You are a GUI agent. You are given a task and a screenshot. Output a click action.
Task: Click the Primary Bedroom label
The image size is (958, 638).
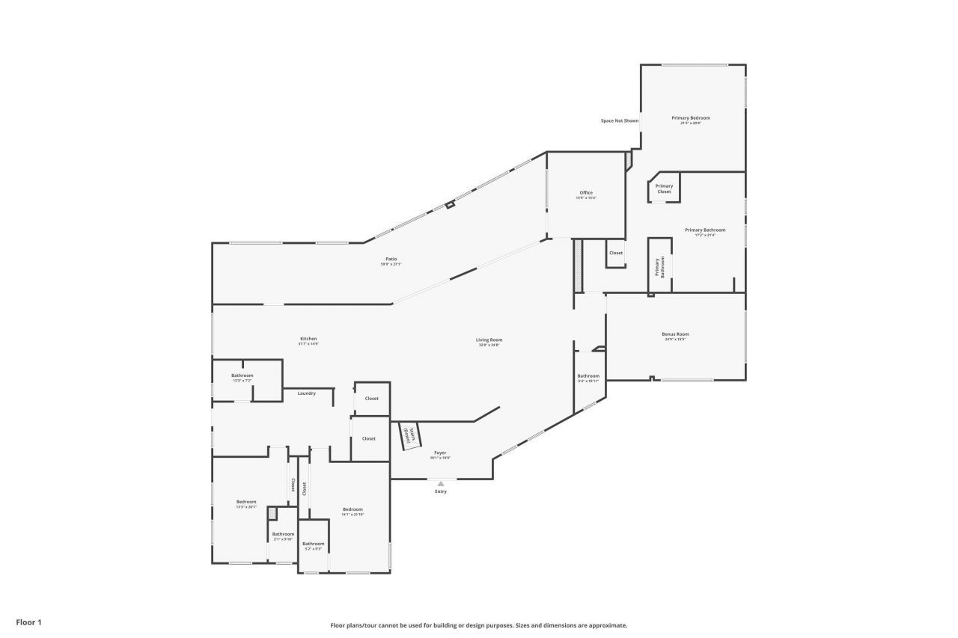point(690,118)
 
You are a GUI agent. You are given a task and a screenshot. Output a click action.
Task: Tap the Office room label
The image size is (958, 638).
point(585,193)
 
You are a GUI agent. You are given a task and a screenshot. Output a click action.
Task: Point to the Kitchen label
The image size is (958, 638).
point(308,339)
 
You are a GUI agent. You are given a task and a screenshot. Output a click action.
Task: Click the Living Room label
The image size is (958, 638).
point(489,340)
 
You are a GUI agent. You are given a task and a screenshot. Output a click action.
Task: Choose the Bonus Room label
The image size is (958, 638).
point(675,334)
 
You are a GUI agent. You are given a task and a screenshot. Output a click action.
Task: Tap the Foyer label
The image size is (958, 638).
point(440,453)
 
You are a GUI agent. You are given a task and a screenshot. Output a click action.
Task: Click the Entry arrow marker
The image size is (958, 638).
point(441,483)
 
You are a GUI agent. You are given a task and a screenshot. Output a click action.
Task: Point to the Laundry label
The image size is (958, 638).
point(306,393)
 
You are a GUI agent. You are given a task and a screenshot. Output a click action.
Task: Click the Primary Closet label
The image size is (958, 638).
point(664,188)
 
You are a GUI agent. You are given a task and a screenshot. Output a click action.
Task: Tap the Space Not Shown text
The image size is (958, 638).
point(620,120)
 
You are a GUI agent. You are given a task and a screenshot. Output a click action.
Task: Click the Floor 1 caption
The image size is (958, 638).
point(29,622)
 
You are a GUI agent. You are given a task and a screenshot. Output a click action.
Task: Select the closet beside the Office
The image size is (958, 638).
point(615,253)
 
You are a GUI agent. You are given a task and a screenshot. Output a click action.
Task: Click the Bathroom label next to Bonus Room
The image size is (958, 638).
point(588,376)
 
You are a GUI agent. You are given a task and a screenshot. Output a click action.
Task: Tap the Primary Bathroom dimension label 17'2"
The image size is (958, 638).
point(704,235)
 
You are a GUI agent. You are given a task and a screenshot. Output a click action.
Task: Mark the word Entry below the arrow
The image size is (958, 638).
point(441,491)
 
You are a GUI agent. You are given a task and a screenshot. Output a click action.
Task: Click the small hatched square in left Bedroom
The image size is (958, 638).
point(272,513)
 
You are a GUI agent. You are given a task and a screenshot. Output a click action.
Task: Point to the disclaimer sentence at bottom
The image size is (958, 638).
point(479,625)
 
